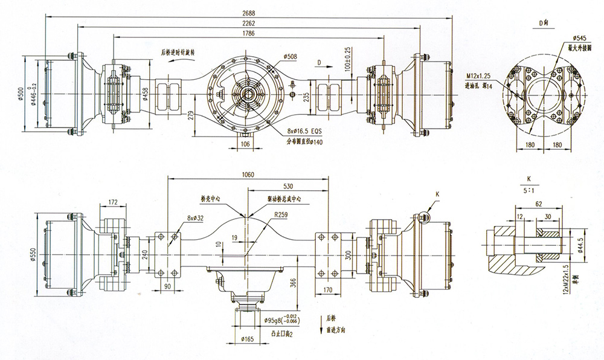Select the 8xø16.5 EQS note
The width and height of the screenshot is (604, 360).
[x=305, y=131]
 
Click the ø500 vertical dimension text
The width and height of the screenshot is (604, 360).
[x=22, y=92]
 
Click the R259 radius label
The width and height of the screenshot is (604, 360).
[x=280, y=214]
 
